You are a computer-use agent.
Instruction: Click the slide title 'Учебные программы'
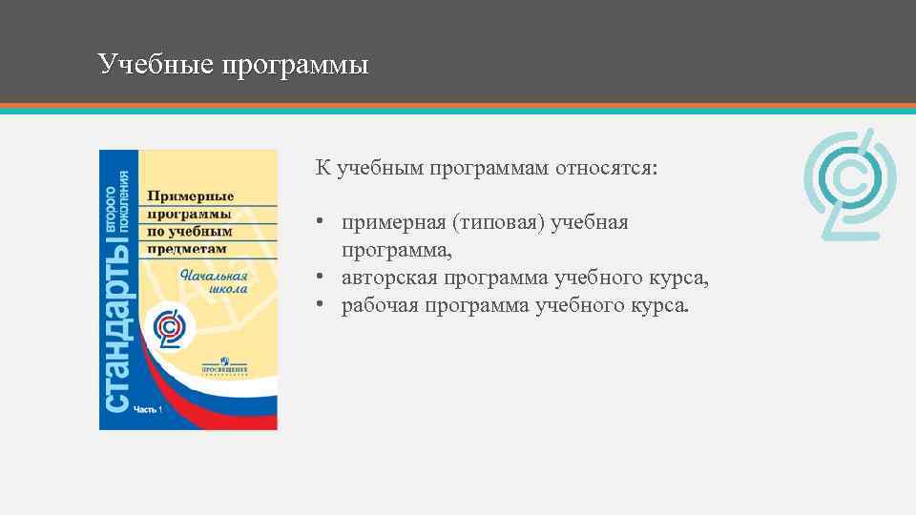click(x=233, y=65)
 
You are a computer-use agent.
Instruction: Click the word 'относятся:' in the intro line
click(x=610, y=168)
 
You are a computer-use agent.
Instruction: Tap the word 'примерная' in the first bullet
click(x=394, y=222)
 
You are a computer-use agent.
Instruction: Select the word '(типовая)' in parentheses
click(x=492, y=222)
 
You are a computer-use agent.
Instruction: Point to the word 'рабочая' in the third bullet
click(x=380, y=305)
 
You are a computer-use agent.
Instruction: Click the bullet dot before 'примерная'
click(x=323, y=223)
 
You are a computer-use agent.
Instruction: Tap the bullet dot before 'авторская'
click(x=323, y=278)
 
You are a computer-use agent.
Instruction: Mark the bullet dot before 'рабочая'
click(x=323, y=306)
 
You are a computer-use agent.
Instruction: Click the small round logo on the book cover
click(x=174, y=329)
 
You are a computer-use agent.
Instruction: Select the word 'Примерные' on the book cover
click(x=190, y=196)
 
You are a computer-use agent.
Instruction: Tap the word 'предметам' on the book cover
click(x=187, y=248)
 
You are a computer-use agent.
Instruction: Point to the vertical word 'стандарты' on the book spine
click(x=118, y=324)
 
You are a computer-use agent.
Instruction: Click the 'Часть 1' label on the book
click(x=149, y=410)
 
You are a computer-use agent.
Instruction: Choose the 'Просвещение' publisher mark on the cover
click(x=224, y=366)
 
